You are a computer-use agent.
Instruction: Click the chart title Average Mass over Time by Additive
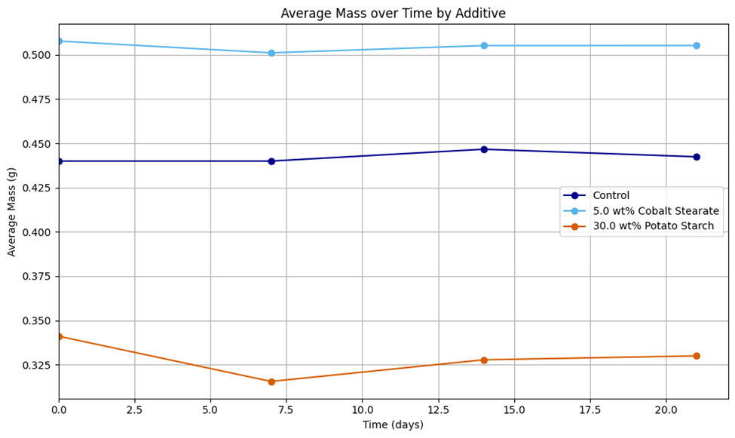pos(393,14)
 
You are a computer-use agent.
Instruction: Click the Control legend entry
pos(611,196)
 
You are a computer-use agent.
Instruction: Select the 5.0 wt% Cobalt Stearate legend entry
pos(655,211)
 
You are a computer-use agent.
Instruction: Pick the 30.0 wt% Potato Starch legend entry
pos(653,226)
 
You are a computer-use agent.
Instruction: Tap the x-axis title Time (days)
pos(393,425)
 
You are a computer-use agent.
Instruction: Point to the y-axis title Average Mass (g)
pos(12,212)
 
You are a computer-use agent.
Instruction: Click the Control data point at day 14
pos(484,149)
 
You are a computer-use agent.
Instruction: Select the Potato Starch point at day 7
pos(271,381)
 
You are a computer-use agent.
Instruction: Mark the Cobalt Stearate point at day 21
pos(697,46)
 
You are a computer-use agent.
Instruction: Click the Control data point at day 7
pos(271,161)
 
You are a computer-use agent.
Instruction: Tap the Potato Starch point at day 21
pos(697,356)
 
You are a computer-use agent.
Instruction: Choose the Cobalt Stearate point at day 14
pos(484,46)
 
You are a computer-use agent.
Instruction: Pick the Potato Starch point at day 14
pos(484,360)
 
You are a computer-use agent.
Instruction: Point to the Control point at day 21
pos(697,157)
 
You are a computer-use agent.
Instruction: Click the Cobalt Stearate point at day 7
pos(271,53)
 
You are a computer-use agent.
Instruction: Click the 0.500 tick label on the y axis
pos(37,55)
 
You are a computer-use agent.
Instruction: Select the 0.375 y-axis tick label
pos(37,277)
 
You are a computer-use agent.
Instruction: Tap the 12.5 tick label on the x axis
pos(438,409)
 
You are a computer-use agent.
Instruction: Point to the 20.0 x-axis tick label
pos(666,409)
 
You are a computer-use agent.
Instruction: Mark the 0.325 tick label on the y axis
pos(37,366)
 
